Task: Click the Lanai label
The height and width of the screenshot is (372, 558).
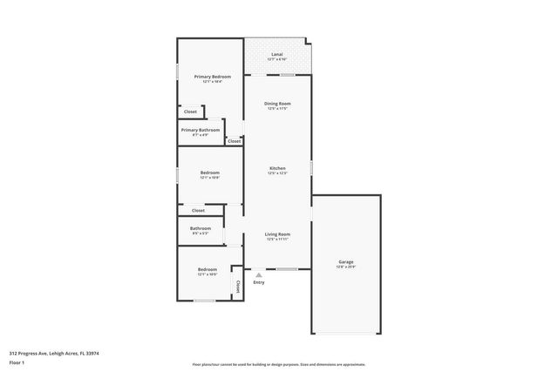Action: (x=277, y=54)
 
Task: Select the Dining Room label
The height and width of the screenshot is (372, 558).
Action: (x=277, y=104)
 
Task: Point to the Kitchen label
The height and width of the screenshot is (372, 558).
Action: (x=277, y=168)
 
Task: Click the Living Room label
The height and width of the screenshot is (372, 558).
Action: (x=277, y=233)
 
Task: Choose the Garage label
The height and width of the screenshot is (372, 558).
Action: (x=346, y=261)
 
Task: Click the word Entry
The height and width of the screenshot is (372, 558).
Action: (x=259, y=282)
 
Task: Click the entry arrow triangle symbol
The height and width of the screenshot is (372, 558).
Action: (x=259, y=274)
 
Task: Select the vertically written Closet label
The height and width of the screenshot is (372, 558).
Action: (x=236, y=287)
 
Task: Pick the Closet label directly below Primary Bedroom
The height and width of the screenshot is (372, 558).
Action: (x=190, y=112)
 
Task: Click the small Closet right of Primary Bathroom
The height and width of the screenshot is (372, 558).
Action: (x=234, y=140)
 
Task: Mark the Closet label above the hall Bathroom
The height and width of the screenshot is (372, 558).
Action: (x=198, y=210)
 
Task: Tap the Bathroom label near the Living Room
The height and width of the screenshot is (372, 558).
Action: (x=200, y=228)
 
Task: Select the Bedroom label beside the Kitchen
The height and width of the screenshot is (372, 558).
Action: (x=209, y=172)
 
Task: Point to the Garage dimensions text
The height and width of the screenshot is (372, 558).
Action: (x=346, y=267)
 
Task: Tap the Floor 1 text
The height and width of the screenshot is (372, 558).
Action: (x=17, y=362)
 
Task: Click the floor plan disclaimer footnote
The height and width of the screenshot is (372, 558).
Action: (x=278, y=364)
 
